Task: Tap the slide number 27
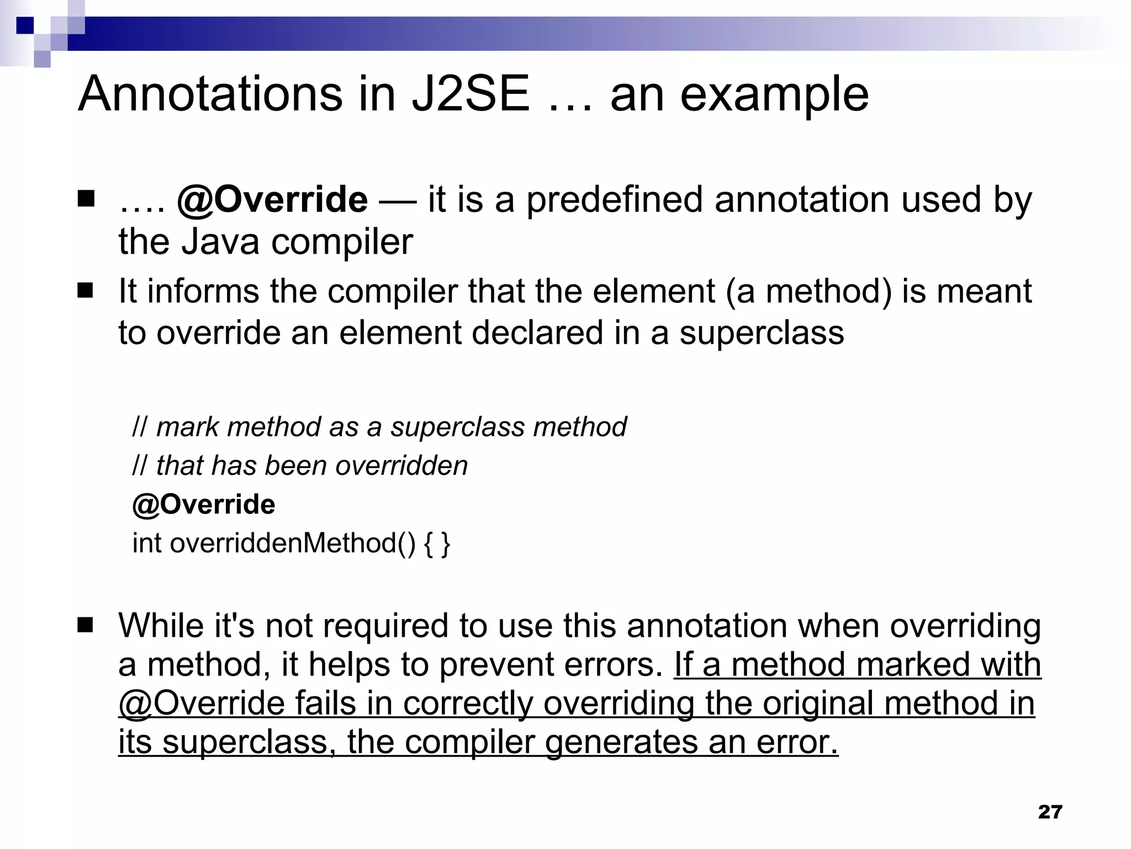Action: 1050,812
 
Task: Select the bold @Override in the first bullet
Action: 272,200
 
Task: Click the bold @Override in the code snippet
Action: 203,505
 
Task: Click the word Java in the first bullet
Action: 220,242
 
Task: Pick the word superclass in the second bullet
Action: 762,333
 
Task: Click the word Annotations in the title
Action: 210,94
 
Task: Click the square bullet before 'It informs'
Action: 86,291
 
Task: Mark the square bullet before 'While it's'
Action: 86,626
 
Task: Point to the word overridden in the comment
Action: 401,465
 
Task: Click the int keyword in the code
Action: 147,543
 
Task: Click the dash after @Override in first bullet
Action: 398,201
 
